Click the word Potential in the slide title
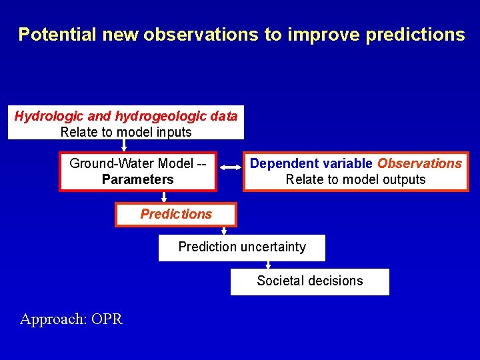coord(58,35)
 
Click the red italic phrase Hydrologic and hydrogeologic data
coord(126,116)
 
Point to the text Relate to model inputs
coord(126,132)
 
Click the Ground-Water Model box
coord(137,171)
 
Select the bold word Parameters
coord(137,179)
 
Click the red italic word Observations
coord(419,163)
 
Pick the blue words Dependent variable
coord(311,163)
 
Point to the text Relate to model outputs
coord(355,179)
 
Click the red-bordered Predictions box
coord(175,214)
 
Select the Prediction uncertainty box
coord(241,247)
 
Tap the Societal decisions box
coord(309,281)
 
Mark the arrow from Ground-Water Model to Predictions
coord(164,197)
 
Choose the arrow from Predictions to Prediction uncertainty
coord(224,231)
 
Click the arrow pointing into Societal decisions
coord(268,265)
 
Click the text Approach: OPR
coord(71,319)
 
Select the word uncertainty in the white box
coord(273,247)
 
